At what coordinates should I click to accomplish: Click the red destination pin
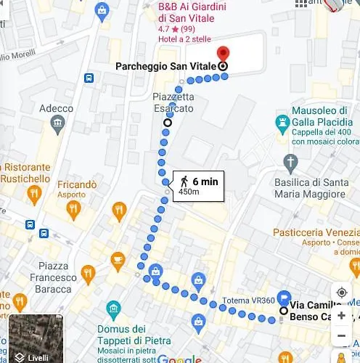point(223,55)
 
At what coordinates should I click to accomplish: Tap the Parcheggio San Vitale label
point(165,66)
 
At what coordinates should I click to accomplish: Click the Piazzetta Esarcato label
point(173,102)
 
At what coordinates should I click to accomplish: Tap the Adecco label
point(56,109)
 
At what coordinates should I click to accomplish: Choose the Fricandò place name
point(76,185)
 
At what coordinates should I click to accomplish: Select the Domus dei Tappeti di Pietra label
point(134,335)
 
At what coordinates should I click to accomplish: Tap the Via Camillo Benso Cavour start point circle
point(283,311)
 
